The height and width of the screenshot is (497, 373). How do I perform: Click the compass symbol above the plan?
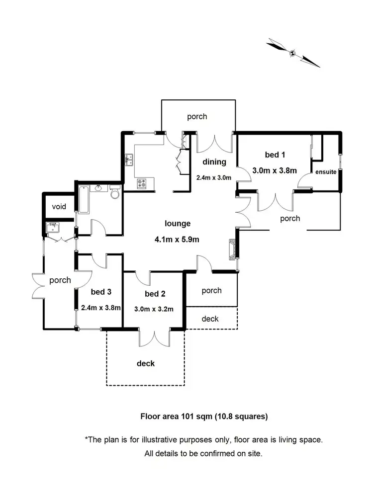(292, 53)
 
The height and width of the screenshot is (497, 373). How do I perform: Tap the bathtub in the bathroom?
(84, 199)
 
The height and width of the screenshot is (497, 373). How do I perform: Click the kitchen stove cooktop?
(142, 183)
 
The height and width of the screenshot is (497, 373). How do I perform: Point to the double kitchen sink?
(129, 160)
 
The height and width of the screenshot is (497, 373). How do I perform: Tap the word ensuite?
(326, 172)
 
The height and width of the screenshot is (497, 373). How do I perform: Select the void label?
(59, 207)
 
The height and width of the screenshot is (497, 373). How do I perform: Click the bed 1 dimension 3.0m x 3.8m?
(275, 170)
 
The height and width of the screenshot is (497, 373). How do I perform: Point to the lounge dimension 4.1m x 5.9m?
(177, 240)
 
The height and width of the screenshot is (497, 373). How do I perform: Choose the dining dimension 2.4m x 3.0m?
(214, 177)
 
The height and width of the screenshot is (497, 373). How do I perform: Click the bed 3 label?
(101, 292)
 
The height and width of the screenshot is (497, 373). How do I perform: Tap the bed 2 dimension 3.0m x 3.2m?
(154, 309)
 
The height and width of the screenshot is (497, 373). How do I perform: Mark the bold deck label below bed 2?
(146, 363)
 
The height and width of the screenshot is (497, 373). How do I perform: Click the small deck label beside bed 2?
(210, 319)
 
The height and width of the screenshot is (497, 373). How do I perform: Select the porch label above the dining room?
(197, 117)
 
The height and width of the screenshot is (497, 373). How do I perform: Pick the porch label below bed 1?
(290, 219)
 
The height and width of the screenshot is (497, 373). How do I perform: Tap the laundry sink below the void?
(52, 228)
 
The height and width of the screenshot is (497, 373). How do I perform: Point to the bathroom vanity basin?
(98, 188)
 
